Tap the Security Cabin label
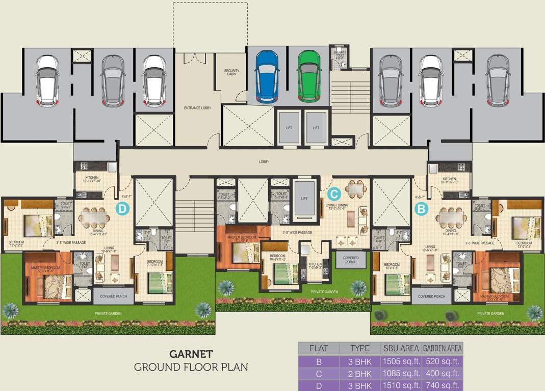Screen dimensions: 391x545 pyautogui.click(x=232, y=73)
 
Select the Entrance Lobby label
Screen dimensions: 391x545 pyautogui.click(x=197, y=108)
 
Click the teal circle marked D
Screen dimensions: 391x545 pyautogui.click(x=122, y=208)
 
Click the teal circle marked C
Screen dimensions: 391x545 pyautogui.click(x=333, y=193)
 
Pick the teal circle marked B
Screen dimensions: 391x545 pyautogui.click(x=422, y=208)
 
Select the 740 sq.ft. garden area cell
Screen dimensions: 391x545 pyautogui.click(x=442, y=386)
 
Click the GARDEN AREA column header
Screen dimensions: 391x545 pyautogui.click(x=442, y=349)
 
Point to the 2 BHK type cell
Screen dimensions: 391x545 pyautogui.click(x=360, y=374)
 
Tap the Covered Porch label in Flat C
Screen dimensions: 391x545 pyautogui.click(x=351, y=260)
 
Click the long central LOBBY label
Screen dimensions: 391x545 pyautogui.click(x=264, y=162)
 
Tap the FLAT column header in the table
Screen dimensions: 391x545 pyautogui.click(x=319, y=349)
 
